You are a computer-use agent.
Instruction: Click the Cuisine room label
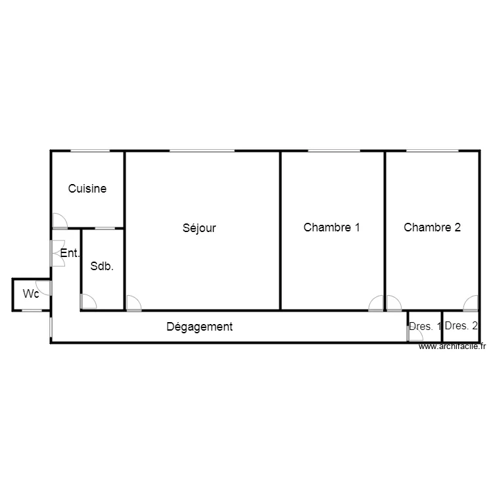click(x=87, y=189)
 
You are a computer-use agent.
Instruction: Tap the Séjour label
click(x=199, y=228)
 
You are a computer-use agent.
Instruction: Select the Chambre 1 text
click(x=331, y=227)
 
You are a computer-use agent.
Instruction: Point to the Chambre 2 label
click(x=432, y=227)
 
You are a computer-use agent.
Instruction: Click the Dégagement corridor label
click(x=199, y=327)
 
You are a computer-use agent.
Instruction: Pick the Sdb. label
click(x=102, y=266)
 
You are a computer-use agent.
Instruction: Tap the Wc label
click(x=31, y=294)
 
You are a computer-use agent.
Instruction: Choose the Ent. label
click(x=70, y=253)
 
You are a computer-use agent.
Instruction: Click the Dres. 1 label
click(x=425, y=326)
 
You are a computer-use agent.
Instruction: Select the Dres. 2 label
click(x=461, y=325)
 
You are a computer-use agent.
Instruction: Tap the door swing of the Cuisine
click(x=59, y=222)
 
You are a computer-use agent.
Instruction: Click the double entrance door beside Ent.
click(x=57, y=253)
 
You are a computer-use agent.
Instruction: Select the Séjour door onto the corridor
click(x=133, y=303)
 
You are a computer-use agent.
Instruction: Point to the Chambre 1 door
click(x=376, y=303)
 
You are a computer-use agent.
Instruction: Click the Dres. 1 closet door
click(x=415, y=335)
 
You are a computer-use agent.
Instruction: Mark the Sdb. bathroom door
click(x=88, y=302)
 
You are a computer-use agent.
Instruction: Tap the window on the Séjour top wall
click(x=202, y=151)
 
